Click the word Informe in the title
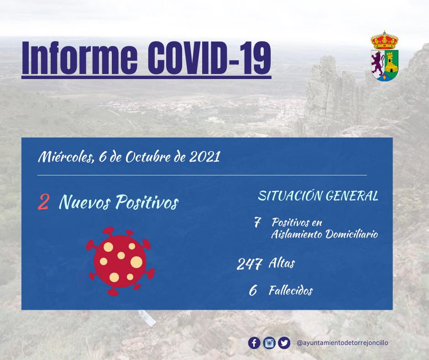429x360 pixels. [79, 58]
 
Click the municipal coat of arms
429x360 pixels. [384, 56]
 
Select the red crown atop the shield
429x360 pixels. [384, 40]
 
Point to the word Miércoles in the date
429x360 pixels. [65, 157]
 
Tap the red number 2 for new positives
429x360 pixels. [43, 202]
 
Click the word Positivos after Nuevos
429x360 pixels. [146, 202]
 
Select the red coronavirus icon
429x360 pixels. [120, 261]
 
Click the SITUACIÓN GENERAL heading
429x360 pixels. [318, 196]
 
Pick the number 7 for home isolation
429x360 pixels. [257, 222]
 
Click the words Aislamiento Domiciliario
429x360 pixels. [324, 234]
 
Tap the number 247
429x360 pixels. [249, 264]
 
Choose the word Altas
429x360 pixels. [282, 263]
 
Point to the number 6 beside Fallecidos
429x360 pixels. [253, 291]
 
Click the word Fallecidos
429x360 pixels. [291, 291]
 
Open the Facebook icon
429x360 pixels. [254, 343]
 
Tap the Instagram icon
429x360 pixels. [269, 343]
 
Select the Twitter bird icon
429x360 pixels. [284, 343]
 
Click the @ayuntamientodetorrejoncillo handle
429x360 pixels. [342, 343]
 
